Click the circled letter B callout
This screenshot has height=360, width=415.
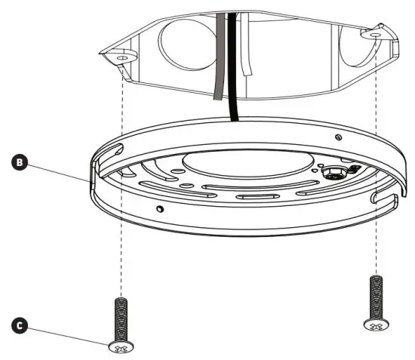point(22,162)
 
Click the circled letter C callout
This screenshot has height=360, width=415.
point(22,326)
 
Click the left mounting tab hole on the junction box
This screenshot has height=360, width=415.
point(123,54)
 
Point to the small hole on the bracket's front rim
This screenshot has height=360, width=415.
point(159,208)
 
